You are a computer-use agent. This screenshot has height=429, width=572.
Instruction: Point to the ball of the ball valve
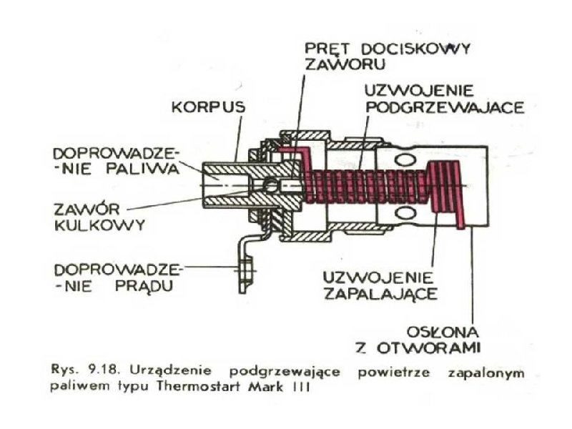click(270, 185)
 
